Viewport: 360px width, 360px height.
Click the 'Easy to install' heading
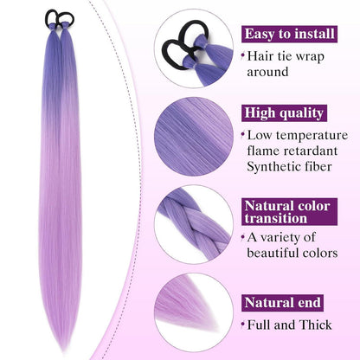[289, 34]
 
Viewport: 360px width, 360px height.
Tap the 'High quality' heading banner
[284, 113]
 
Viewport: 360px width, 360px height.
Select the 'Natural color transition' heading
[289, 212]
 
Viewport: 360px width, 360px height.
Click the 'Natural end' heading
[282, 303]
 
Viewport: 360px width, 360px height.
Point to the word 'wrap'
[310, 57]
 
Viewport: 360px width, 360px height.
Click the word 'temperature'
[312, 135]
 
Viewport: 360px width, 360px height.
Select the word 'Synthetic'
[269, 167]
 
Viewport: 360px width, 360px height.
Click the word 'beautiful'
[269, 253]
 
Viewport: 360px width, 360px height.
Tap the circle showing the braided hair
[194, 225]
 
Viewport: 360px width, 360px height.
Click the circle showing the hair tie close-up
[194, 48]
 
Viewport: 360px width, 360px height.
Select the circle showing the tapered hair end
[194, 313]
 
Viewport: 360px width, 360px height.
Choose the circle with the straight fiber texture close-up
[194, 137]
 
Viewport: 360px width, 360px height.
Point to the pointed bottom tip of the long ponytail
[63, 350]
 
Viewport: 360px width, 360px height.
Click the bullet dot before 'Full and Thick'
[243, 325]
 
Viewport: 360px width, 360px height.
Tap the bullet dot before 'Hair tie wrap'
[243, 55]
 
